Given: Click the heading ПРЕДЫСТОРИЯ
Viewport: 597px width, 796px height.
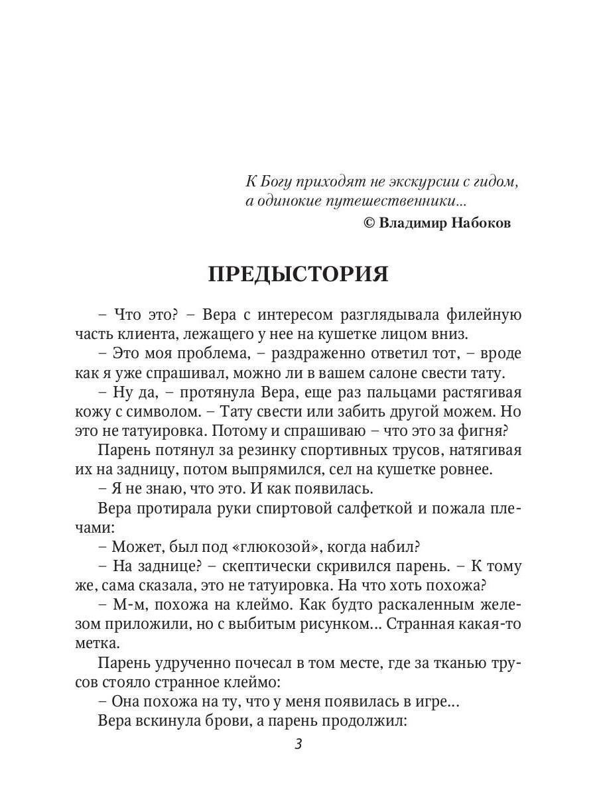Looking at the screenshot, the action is coord(298,274).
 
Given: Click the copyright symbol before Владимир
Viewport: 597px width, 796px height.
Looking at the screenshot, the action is coord(369,224).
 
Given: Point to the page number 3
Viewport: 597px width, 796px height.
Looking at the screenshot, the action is coord(298,744).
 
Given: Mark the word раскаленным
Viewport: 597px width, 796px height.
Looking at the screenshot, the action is coord(423,605).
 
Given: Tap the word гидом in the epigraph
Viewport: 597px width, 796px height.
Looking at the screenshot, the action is coord(495,181).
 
